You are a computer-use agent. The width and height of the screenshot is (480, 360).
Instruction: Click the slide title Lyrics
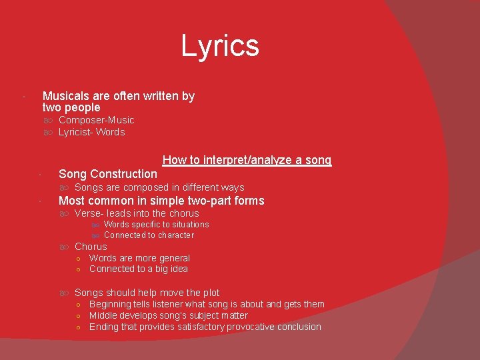coord(220,46)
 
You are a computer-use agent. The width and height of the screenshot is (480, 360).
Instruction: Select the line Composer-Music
coord(96,120)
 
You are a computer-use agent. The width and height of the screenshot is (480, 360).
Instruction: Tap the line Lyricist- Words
coord(91,132)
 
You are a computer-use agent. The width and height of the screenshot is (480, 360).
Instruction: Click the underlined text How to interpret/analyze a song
coord(247,160)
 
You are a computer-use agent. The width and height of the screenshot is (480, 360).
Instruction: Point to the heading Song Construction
coord(108,174)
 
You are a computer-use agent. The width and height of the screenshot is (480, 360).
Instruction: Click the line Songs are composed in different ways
coord(159,187)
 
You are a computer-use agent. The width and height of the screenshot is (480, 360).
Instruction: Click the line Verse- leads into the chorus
coord(137,213)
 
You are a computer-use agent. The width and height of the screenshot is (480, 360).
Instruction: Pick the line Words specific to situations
coord(156,225)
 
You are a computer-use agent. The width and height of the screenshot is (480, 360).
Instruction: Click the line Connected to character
coord(149,235)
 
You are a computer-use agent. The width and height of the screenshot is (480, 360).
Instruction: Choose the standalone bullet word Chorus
coord(91,247)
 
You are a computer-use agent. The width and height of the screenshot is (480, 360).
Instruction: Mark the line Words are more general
coord(139,258)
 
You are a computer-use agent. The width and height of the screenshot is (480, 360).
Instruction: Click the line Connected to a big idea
coord(138,269)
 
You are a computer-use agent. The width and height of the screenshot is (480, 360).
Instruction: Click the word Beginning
coord(111,304)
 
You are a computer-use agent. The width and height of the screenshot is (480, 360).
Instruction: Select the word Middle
coord(103,315)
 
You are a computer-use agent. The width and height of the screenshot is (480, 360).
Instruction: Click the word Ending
coord(103,327)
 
